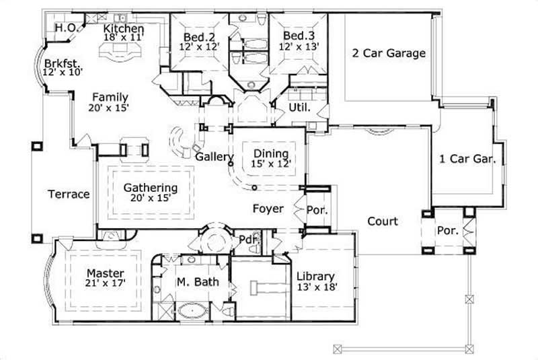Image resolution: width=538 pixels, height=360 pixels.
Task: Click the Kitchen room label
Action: [123, 29]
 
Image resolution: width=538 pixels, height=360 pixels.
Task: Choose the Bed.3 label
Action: [297, 35]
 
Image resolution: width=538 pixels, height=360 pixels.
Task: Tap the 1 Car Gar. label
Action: [467, 159]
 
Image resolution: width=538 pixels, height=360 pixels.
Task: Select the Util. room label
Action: [298, 108]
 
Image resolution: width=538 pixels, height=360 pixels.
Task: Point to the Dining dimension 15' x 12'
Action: [270, 164]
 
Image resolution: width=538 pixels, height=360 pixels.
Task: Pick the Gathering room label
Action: [151, 188]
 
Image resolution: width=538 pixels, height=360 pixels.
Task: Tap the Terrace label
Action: [69, 194]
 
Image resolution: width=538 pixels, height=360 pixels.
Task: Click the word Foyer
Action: [268, 209]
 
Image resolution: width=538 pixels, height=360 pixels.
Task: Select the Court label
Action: [382, 221]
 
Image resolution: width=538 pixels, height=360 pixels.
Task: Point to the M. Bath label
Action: [196, 283]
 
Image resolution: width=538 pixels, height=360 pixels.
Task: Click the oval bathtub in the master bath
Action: [193, 312]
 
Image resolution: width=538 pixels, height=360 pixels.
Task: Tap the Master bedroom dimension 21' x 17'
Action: [106, 285]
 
